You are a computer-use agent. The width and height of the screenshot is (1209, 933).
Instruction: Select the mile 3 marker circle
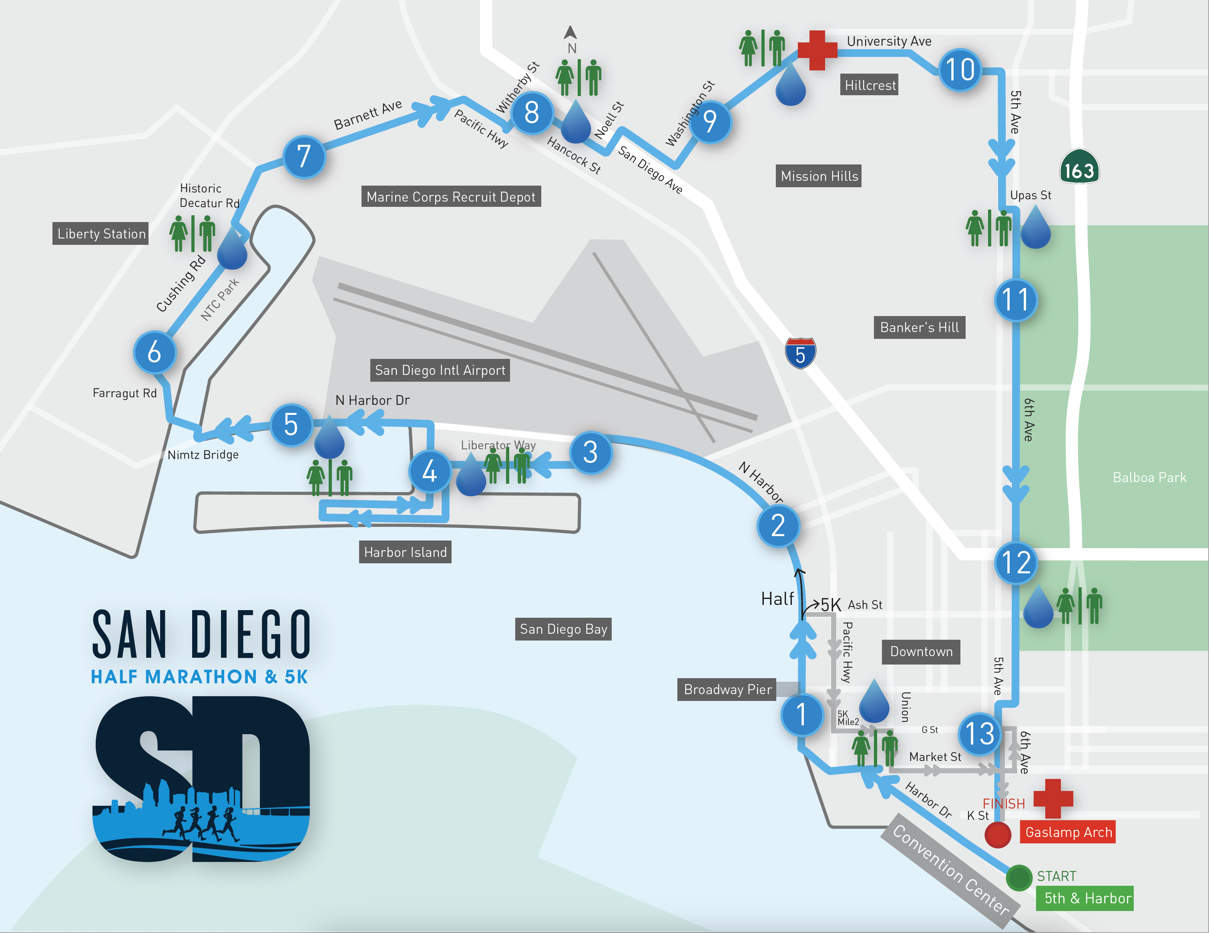[x=590, y=452]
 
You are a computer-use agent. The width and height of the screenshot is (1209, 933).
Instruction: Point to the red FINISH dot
[x=998, y=835]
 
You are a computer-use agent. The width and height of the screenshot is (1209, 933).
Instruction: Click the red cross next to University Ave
[x=817, y=50]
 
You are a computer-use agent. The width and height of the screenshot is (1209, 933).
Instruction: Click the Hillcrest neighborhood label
[x=870, y=85]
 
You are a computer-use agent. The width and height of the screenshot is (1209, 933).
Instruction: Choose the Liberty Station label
[x=101, y=234]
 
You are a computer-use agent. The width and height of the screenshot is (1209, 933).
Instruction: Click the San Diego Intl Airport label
[x=440, y=370]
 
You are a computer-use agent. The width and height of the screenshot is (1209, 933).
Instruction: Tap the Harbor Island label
[x=405, y=552]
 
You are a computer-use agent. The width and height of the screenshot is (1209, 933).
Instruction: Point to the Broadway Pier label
[x=727, y=689]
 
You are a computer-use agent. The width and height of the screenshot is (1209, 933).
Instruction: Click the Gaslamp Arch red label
[x=1068, y=832]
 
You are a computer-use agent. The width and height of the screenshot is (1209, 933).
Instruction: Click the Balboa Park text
[x=1149, y=478]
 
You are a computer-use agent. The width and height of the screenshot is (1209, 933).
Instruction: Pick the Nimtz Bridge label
[x=203, y=455]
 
